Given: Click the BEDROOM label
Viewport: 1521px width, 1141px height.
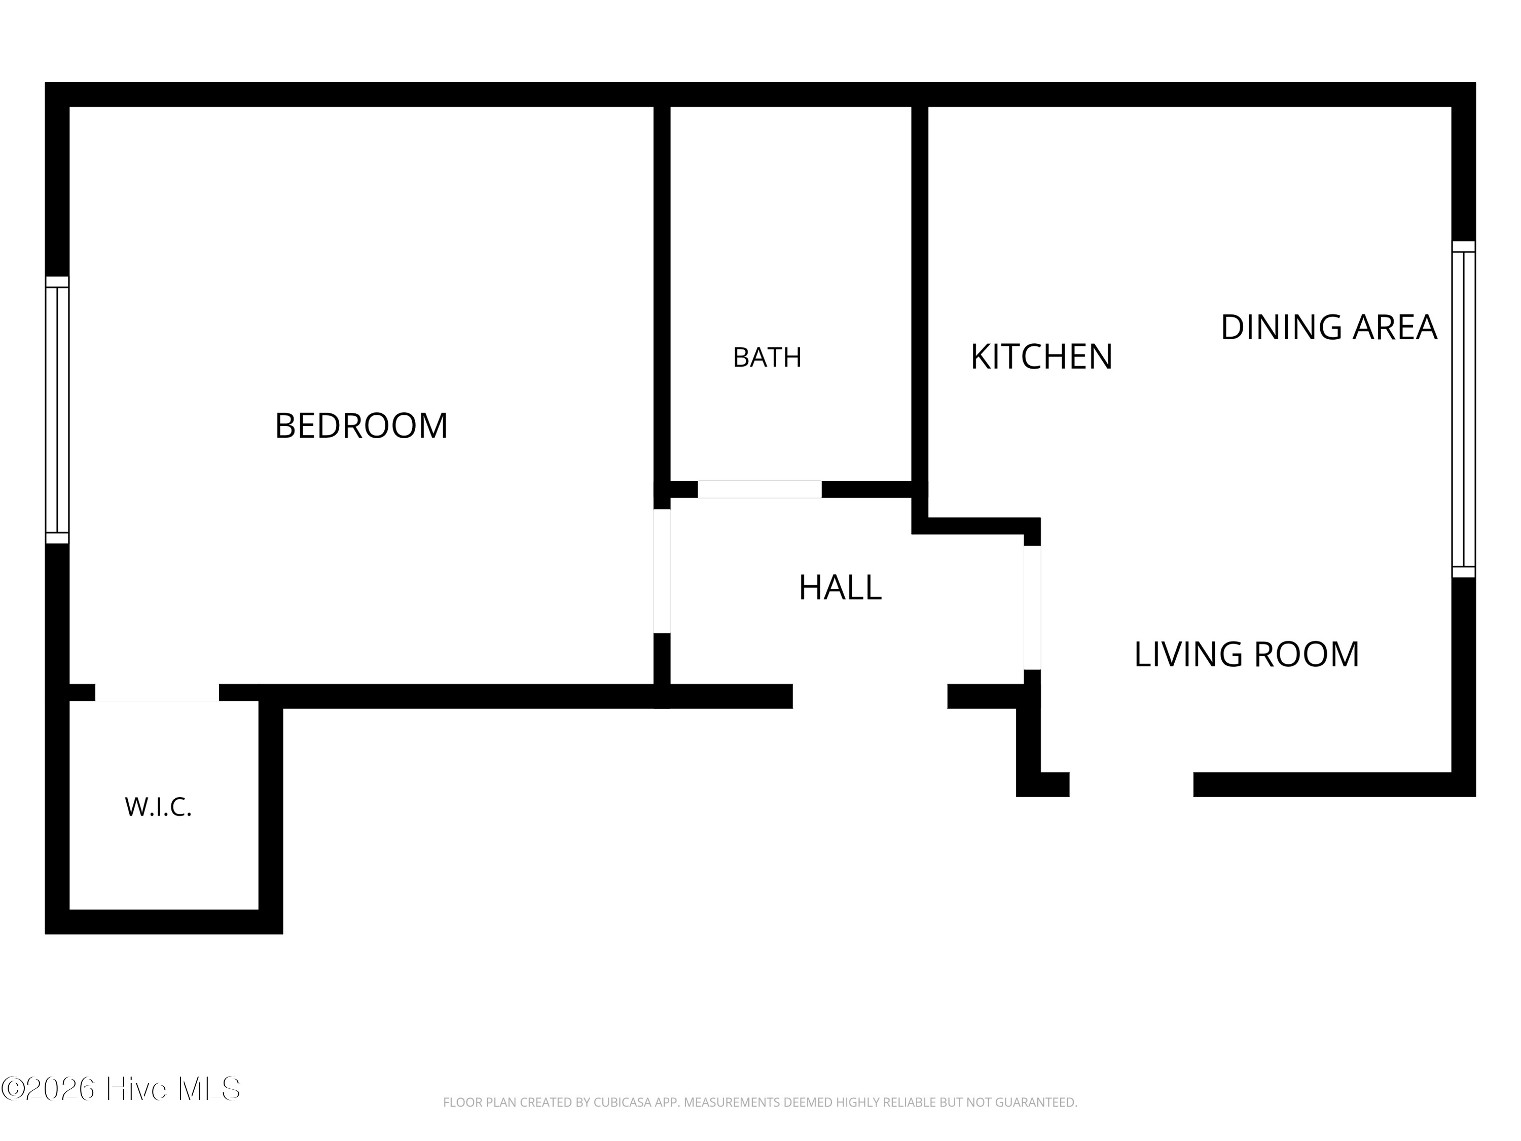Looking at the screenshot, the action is click(361, 426).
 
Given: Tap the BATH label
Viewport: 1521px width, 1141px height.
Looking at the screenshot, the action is click(768, 358).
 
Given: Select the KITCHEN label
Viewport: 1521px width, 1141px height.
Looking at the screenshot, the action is click(1041, 357).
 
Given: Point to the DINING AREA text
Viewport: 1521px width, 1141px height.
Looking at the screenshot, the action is click(1328, 328).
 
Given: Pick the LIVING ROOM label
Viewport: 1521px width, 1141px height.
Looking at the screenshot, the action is click(1247, 654).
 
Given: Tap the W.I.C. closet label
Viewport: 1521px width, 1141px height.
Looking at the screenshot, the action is click(158, 807).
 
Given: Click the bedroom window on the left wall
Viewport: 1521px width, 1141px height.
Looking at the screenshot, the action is click(57, 410).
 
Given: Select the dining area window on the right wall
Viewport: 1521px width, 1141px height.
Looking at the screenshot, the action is click(1464, 409).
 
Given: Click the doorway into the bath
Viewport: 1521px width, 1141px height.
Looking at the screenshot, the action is click(760, 489).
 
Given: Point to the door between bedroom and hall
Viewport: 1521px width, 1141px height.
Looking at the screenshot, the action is click(662, 571).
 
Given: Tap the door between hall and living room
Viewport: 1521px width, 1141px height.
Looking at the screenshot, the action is click(1032, 608).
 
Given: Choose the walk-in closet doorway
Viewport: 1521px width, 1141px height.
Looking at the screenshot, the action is click(157, 693).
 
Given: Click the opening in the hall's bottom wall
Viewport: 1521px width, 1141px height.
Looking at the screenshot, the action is click(870, 696).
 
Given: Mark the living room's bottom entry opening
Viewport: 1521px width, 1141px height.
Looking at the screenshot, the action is click(1131, 785).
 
